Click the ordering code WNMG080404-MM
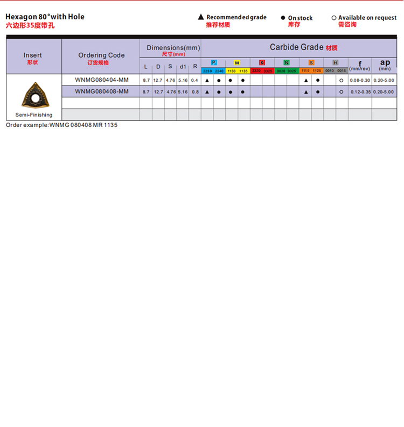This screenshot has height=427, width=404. (x=102, y=80)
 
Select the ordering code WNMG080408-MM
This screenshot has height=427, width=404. (x=102, y=91)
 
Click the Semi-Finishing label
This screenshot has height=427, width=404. (x=34, y=115)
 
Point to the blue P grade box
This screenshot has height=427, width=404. (x=214, y=63)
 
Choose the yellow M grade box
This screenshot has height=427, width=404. (x=237, y=63)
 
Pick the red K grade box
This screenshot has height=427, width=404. (x=262, y=63)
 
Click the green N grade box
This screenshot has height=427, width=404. (x=287, y=63)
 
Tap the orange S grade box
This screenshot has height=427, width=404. (x=311, y=63)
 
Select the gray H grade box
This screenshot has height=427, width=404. (x=336, y=63)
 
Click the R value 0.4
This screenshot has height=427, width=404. (x=194, y=80)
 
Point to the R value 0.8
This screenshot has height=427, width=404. (x=194, y=92)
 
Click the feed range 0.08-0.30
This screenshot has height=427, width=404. (x=360, y=80)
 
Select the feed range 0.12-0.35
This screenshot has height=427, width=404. (x=360, y=92)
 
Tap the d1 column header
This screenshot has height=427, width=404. (x=183, y=67)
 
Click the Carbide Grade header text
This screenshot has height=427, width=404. (x=296, y=47)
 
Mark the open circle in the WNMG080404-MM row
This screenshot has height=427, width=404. (x=341, y=81)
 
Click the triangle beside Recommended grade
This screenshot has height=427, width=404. (x=201, y=18)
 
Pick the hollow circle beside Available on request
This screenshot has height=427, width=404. (x=334, y=18)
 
